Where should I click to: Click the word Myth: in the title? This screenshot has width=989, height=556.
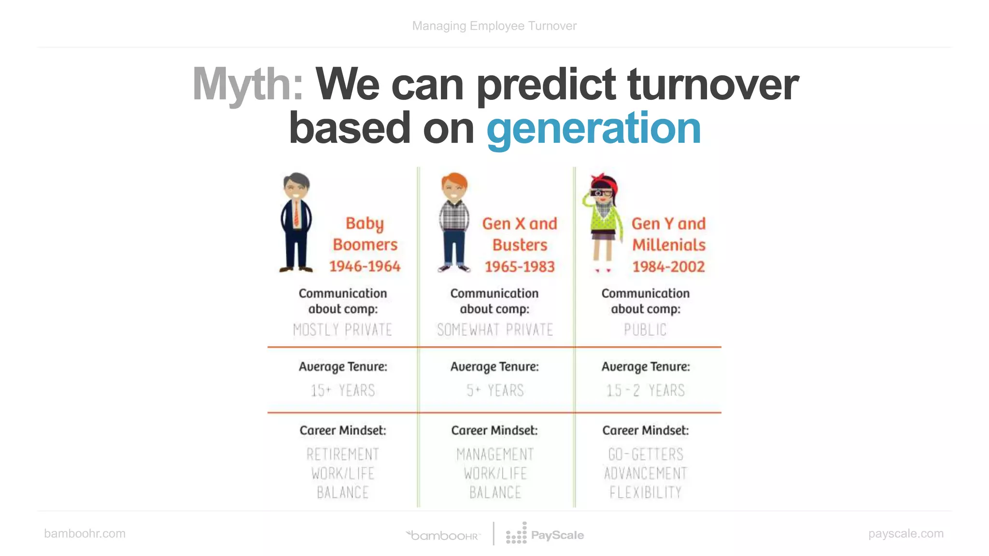pyautogui.click(x=248, y=84)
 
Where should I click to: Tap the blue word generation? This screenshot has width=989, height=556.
pyautogui.click(x=593, y=128)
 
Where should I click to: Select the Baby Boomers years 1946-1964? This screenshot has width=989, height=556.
pyautogui.click(x=365, y=266)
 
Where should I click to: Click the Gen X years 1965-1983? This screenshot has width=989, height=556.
pyautogui.click(x=520, y=267)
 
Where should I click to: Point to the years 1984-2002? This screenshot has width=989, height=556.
pyautogui.click(x=668, y=267)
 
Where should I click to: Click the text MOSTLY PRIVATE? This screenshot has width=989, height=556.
pyautogui.click(x=342, y=330)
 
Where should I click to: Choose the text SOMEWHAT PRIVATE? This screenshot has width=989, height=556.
pyautogui.click(x=494, y=330)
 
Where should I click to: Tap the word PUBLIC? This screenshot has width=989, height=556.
pyautogui.click(x=645, y=330)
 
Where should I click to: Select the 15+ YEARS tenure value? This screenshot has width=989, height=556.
pyautogui.click(x=342, y=390)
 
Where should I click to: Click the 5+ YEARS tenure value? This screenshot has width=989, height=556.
pyautogui.click(x=494, y=390)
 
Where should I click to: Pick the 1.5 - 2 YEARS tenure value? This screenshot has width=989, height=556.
pyautogui.click(x=645, y=390)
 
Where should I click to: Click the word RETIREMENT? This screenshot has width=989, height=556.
pyautogui.click(x=342, y=455)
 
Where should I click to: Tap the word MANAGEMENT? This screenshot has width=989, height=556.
pyautogui.click(x=494, y=455)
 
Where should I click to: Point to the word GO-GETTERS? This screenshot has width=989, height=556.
pyautogui.click(x=645, y=455)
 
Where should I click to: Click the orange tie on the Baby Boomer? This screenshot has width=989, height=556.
pyautogui.click(x=296, y=215)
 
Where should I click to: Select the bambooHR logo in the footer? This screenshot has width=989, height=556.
pyautogui.click(x=443, y=535)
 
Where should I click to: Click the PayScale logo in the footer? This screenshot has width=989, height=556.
pyautogui.click(x=545, y=535)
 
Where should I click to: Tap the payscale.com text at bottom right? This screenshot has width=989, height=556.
pyautogui.click(x=905, y=534)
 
